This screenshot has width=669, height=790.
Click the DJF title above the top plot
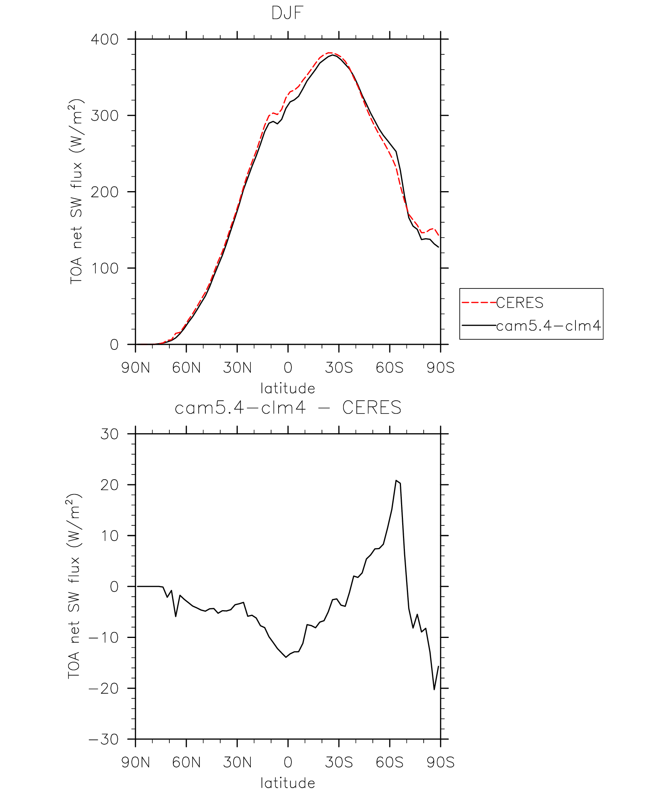click(x=288, y=13)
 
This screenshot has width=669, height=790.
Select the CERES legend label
click(x=520, y=303)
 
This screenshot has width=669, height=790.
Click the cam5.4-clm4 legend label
click(x=548, y=325)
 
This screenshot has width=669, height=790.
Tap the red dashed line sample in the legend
click(x=479, y=303)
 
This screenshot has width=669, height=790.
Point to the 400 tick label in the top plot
click(x=104, y=39)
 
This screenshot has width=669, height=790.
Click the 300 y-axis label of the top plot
click(x=104, y=116)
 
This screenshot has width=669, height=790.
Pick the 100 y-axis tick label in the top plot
click(x=104, y=269)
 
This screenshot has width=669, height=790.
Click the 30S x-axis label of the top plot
click(x=339, y=368)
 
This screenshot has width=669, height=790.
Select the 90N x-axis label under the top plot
click(x=135, y=368)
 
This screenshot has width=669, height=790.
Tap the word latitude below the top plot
click(x=288, y=389)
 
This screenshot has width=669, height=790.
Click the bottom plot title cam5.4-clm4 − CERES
click(x=288, y=408)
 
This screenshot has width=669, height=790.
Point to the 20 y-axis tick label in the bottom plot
click(x=109, y=485)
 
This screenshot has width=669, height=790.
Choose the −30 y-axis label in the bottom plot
click(x=104, y=740)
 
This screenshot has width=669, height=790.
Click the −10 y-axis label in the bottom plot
click(x=104, y=638)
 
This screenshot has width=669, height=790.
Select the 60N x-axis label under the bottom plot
click(x=186, y=762)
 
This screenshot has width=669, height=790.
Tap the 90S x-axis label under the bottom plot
click(x=441, y=762)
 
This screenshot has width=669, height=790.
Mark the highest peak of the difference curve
click(x=396, y=480)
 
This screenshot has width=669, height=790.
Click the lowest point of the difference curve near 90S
click(x=434, y=689)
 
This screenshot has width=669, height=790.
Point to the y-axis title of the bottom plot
click(x=74, y=586)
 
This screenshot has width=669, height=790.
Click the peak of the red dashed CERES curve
click(x=329, y=52)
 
